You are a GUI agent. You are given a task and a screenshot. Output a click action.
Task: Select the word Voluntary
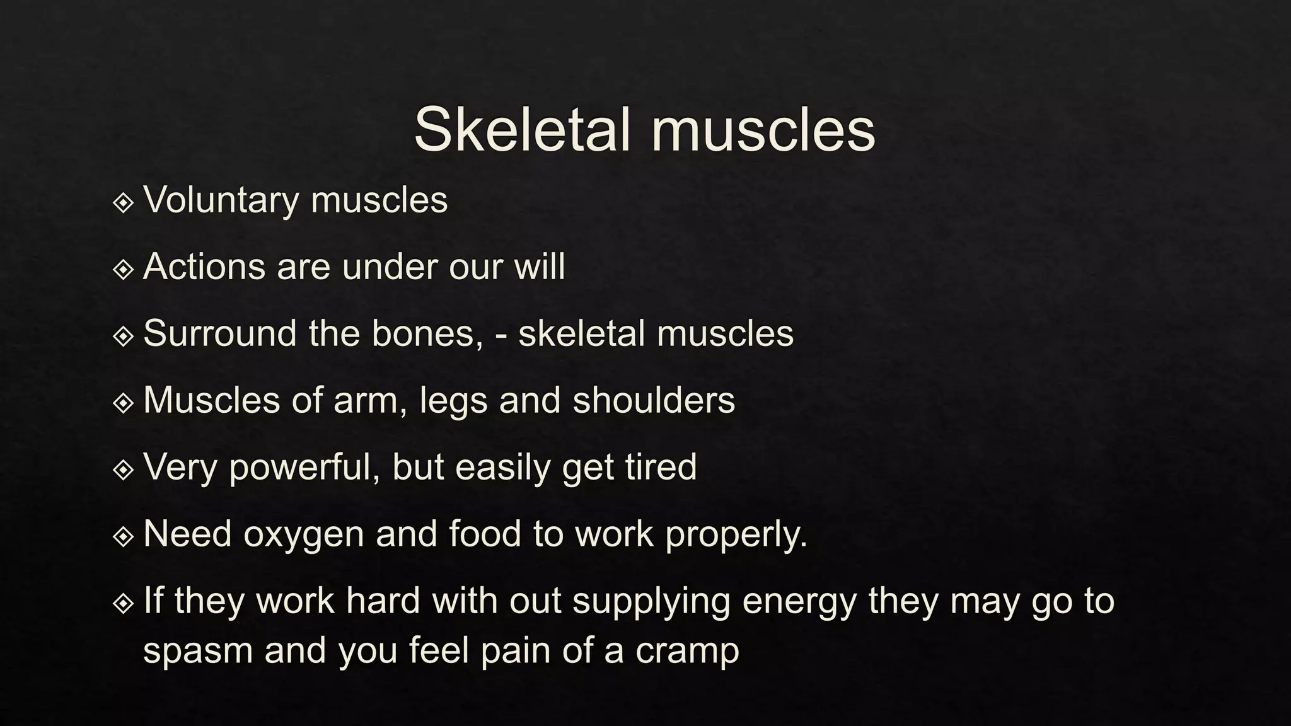click(x=221, y=200)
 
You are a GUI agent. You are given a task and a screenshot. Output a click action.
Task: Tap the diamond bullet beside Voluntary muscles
click(x=123, y=203)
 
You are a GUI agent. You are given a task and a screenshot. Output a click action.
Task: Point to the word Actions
click(x=204, y=267)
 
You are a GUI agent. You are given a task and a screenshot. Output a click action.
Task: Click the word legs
click(x=453, y=401)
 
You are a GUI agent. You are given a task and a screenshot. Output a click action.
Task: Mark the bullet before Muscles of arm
click(x=123, y=403)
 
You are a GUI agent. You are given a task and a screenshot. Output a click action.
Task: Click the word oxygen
click(x=304, y=535)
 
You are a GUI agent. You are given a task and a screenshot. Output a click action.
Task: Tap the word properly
click(x=736, y=535)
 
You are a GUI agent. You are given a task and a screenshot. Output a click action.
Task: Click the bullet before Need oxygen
click(x=123, y=537)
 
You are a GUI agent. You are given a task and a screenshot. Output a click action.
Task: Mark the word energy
click(x=799, y=602)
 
